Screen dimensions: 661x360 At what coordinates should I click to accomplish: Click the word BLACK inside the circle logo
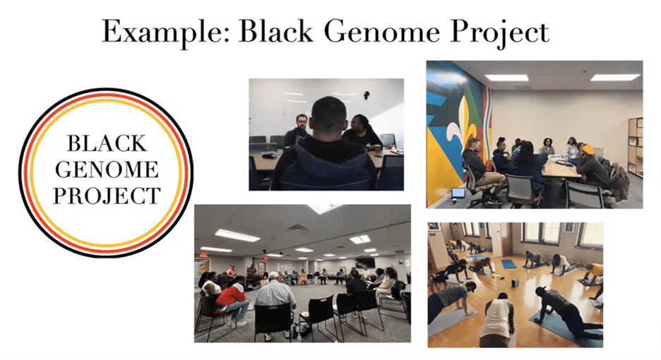coord(107,143)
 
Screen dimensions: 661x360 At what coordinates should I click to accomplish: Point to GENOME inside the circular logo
coord(107,169)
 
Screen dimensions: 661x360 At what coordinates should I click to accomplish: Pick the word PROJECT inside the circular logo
coord(107,196)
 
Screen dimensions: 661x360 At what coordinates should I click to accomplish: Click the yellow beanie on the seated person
coord(588,149)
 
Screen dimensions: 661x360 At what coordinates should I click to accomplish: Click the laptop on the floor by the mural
coord(458,194)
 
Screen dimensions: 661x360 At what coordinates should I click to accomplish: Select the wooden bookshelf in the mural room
coord(635,147)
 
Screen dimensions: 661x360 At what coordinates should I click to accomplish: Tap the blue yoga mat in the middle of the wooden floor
coord(508,264)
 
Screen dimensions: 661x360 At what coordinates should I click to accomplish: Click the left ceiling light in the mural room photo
coord(506,78)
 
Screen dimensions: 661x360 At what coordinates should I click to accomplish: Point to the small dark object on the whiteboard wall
coord(367,95)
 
